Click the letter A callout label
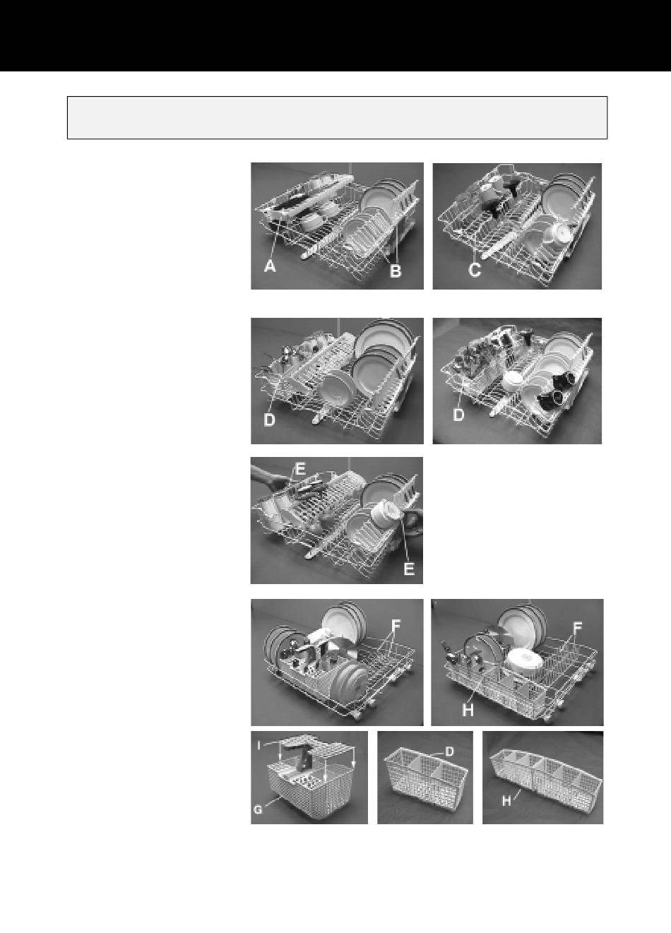click(270, 266)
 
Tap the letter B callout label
click(395, 271)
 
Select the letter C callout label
click(475, 270)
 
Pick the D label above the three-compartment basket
click(449, 751)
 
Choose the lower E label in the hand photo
click(409, 568)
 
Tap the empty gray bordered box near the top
click(337, 117)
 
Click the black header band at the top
click(335, 35)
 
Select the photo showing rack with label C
click(517, 226)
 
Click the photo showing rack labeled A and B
click(337, 226)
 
